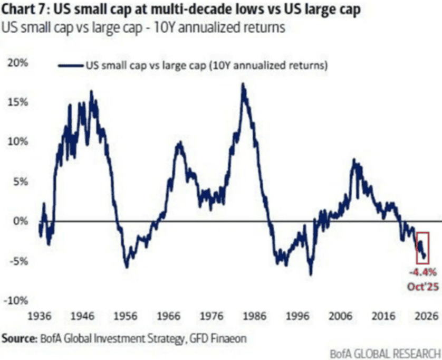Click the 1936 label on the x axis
pos(40,316)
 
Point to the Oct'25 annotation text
pos(422,285)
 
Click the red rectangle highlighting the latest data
pos(422,246)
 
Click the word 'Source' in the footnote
pos(16,337)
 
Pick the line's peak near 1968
pos(179,143)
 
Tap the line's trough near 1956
pos(127,267)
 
